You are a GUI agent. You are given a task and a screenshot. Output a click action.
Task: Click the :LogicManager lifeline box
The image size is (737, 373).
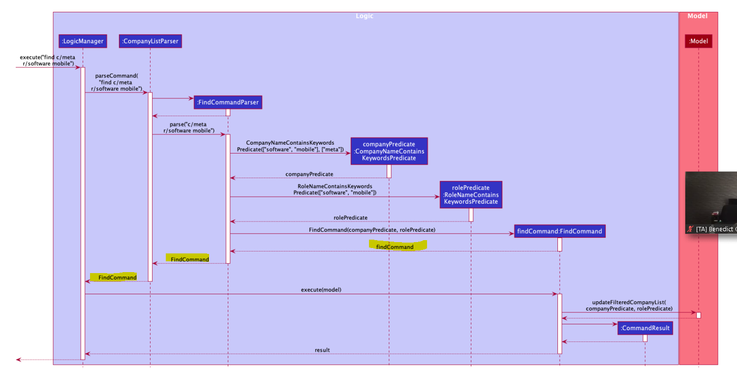[83, 41]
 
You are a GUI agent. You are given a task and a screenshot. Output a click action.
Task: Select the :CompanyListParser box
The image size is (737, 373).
[151, 41]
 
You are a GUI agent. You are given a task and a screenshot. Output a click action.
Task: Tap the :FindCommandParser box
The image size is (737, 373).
[228, 102]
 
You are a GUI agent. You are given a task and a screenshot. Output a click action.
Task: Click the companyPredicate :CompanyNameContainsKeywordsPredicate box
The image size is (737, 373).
[389, 151]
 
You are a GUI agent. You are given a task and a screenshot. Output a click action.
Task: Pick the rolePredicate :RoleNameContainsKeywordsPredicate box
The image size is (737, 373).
[471, 194]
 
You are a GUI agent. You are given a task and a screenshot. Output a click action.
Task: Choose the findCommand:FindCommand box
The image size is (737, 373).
[559, 231]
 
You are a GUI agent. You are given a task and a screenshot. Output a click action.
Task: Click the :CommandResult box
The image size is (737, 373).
[645, 328]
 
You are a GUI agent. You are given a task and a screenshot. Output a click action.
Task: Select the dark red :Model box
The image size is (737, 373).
[698, 41]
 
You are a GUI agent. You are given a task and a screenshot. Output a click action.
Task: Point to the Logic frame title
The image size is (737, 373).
[365, 16]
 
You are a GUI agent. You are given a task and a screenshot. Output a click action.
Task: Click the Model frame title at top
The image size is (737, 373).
[697, 16]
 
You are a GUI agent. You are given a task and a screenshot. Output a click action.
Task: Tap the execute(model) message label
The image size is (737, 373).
[321, 290]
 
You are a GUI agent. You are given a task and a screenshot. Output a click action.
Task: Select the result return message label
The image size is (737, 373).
[322, 350]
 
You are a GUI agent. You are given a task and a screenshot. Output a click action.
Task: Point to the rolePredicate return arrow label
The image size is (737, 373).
[350, 218]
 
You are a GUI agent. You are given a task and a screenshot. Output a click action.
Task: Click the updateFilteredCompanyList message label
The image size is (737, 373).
[629, 305]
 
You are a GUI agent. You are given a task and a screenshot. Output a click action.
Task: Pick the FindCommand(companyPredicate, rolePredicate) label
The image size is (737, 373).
[372, 230]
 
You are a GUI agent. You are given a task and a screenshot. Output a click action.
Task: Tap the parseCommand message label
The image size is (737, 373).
[117, 82]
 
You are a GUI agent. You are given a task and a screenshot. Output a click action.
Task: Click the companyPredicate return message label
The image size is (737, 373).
[309, 174]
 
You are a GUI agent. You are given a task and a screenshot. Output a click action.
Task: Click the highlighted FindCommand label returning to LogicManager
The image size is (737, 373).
[117, 278]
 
